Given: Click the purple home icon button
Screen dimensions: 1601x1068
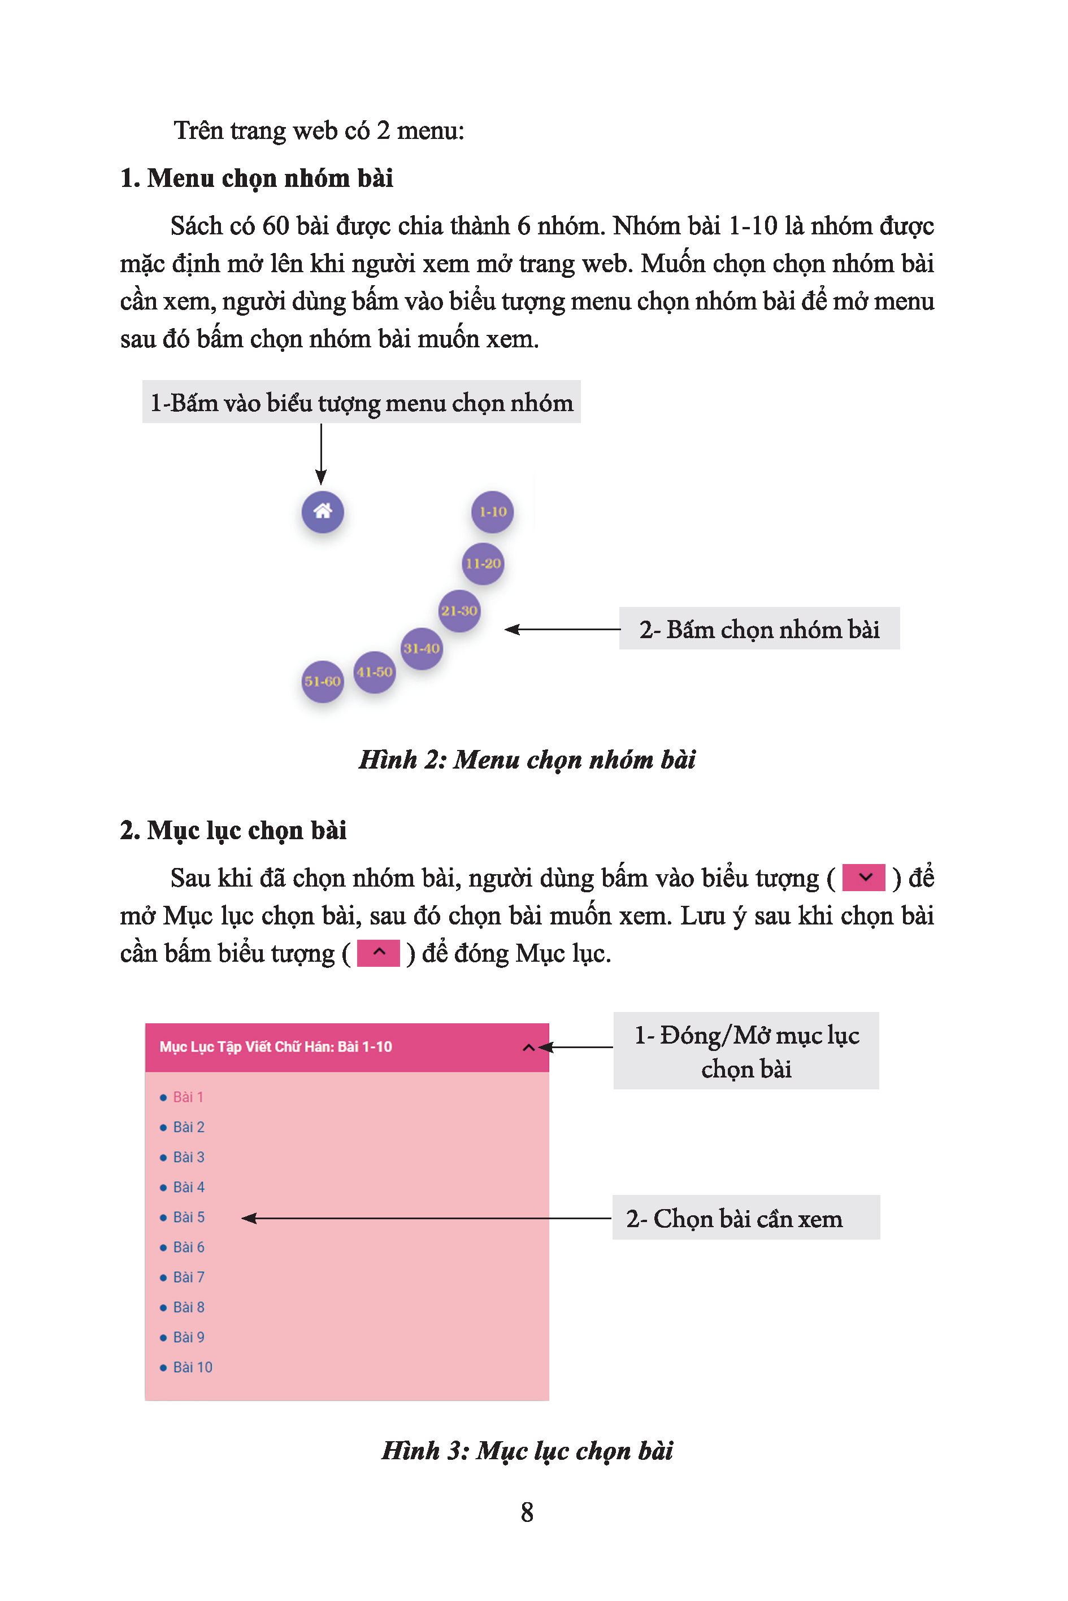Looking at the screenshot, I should coord(322,511).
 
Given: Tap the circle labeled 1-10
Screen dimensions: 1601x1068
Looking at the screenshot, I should coord(492,511).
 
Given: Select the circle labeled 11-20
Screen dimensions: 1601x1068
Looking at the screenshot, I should coord(483,563).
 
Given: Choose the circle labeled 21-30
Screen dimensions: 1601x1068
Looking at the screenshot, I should coord(458,610).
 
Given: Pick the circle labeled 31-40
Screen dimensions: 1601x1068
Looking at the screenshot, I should coord(421,648).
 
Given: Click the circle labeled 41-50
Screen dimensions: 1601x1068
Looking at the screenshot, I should coord(374,672).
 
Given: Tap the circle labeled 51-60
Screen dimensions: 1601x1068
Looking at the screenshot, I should coord(322,680).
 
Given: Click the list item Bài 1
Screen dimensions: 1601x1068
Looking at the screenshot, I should coord(188,1097).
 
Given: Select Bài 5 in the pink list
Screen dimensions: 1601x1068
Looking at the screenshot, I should coord(189,1217).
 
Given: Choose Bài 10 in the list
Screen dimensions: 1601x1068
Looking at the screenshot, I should coord(192,1367).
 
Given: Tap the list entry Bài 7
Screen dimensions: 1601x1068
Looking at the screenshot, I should coord(189,1277).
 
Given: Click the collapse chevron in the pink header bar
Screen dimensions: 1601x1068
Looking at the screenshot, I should coord(528,1047).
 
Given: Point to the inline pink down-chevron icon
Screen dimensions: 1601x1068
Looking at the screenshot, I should coord(863,878).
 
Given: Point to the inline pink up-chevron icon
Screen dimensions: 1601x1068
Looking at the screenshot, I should coord(379,952).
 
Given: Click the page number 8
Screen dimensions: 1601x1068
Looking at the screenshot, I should coord(527,1512).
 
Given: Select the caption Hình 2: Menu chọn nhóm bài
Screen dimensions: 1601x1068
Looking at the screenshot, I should coord(527,759).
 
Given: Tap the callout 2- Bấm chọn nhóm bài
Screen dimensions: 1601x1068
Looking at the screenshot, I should coord(759,629).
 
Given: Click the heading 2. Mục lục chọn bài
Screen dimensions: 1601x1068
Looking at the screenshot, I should coord(233,830).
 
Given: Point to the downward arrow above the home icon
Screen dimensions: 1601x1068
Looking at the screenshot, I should coord(321,455).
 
